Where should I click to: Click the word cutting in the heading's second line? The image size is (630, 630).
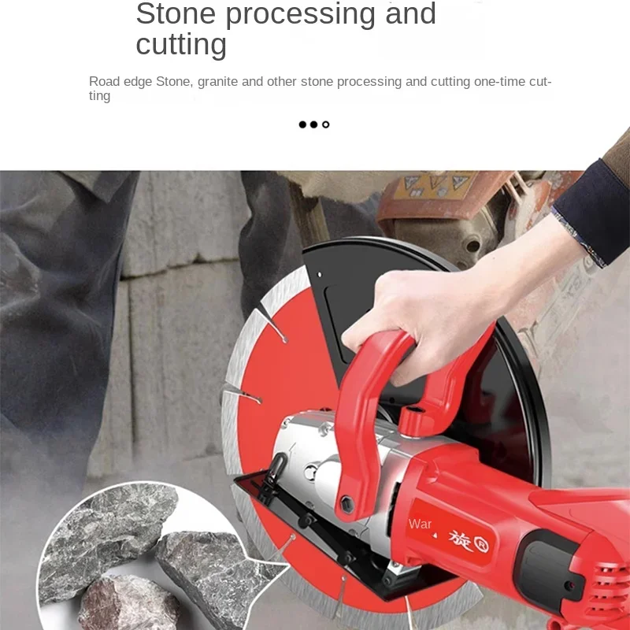(181, 45)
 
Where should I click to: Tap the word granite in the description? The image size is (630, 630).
(217, 82)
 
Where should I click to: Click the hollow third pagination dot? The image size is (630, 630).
(326, 124)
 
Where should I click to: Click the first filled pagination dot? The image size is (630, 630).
(302, 124)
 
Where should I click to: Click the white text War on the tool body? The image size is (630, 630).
(420, 524)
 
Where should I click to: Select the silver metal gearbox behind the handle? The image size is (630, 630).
(315, 472)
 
